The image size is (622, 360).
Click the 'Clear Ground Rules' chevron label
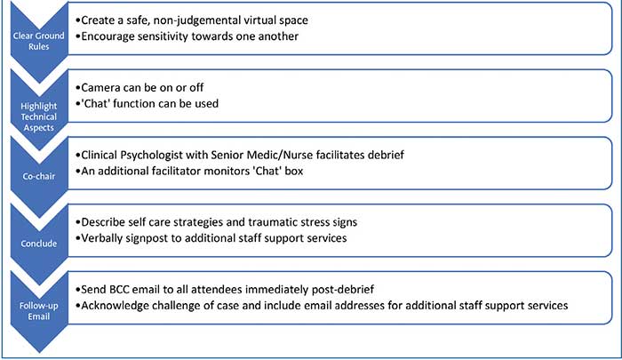point(38,41)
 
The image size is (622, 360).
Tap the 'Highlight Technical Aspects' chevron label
point(38,116)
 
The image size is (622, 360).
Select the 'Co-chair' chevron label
point(38,176)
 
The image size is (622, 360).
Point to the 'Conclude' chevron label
point(38,244)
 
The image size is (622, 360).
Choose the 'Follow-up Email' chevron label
point(38,311)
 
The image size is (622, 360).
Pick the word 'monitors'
point(227,171)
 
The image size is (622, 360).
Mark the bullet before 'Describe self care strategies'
point(78,222)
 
